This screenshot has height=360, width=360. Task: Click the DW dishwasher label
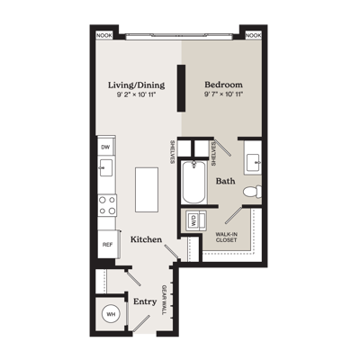[105, 148]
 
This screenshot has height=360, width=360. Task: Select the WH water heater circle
[111, 314]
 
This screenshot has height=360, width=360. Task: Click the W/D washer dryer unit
[193, 220]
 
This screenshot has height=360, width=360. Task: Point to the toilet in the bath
[252, 192]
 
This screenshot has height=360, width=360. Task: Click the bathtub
[193, 182]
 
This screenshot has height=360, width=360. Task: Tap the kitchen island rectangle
[147, 190]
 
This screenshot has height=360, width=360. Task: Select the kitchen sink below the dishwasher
[106, 168]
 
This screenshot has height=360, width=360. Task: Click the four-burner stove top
[107, 205]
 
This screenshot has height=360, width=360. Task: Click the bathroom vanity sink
[253, 164]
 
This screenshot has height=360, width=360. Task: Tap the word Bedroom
[223, 85]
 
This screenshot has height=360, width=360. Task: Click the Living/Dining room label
[137, 85]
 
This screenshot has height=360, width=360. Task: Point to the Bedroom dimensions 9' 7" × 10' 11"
[223, 94]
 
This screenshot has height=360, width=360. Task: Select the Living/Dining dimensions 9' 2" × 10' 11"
[137, 94]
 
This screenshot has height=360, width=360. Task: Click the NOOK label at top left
[104, 36]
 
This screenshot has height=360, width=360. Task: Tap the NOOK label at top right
[254, 36]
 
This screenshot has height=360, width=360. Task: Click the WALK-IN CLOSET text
[227, 237]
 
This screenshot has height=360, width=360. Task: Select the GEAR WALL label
[164, 300]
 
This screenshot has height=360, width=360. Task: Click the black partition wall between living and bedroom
[181, 88]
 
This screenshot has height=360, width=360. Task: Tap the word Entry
[145, 301]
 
